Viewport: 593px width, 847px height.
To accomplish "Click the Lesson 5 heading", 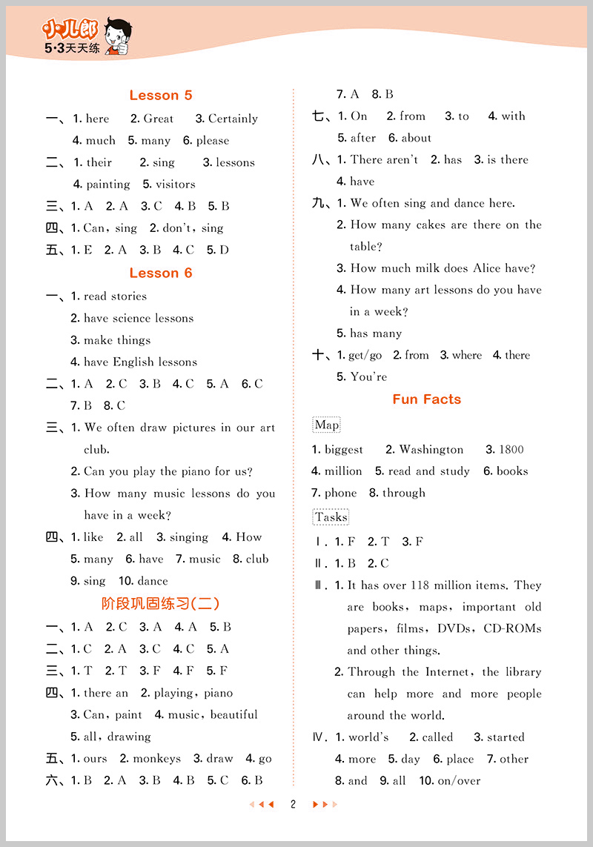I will tap(160, 95).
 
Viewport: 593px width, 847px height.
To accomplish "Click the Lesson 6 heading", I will tap(160, 273).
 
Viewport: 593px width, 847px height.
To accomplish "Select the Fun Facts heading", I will tap(426, 399).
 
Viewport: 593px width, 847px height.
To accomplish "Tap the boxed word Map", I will tap(327, 425).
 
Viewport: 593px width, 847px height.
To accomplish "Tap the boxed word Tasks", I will tap(331, 517).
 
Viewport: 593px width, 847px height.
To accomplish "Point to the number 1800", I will tap(511, 449).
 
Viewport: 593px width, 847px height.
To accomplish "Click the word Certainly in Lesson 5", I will tap(233, 119).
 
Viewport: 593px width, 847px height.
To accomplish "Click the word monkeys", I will tap(156, 758).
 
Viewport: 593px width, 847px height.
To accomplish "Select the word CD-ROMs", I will tap(512, 628).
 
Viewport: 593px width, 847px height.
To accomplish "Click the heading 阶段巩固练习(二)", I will tap(160, 603).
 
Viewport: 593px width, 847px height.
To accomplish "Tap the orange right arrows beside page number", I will tap(325, 804).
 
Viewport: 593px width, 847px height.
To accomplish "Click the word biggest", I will tap(344, 449).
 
